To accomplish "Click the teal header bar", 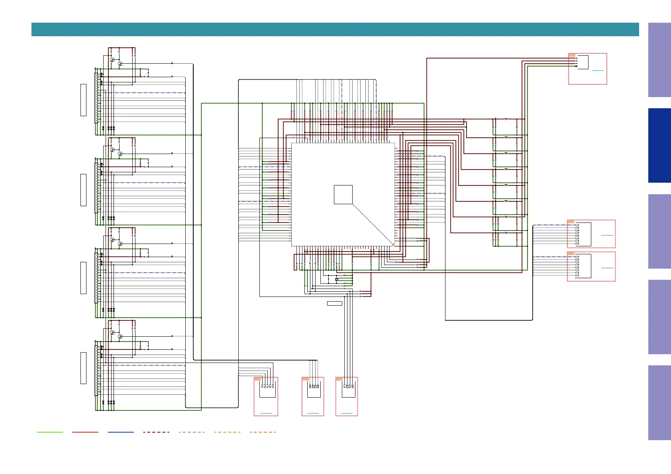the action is pyautogui.click(x=335, y=29).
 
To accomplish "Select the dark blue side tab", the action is pyautogui.click(x=659, y=145).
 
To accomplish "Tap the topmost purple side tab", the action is pyautogui.click(x=659, y=60).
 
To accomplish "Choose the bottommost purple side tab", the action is pyautogui.click(x=659, y=402).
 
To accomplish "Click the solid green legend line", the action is pyautogui.click(x=50, y=432).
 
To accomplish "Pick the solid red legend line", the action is pyautogui.click(x=85, y=432).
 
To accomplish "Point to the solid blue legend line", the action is pyautogui.click(x=121, y=432).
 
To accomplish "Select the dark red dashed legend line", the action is pyautogui.click(x=156, y=432).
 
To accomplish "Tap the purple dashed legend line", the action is pyautogui.click(x=192, y=432).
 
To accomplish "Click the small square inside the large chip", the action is pyautogui.click(x=343, y=195).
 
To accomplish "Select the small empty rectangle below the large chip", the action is pyautogui.click(x=335, y=303).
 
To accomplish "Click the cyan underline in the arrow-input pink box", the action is pyautogui.click(x=598, y=70).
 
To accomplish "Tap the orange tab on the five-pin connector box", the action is pyautogui.click(x=257, y=379).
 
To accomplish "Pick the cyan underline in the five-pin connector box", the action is pyautogui.click(x=266, y=414).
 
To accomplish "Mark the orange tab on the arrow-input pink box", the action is pyautogui.click(x=572, y=55).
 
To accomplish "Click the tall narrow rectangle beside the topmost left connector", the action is pyautogui.click(x=83, y=100).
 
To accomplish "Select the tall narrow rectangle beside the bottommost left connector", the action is pyautogui.click(x=83, y=368).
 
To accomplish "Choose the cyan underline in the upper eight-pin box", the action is pyautogui.click(x=607, y=235).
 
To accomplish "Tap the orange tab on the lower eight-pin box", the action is pyautogui.click(x=571, y=254).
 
